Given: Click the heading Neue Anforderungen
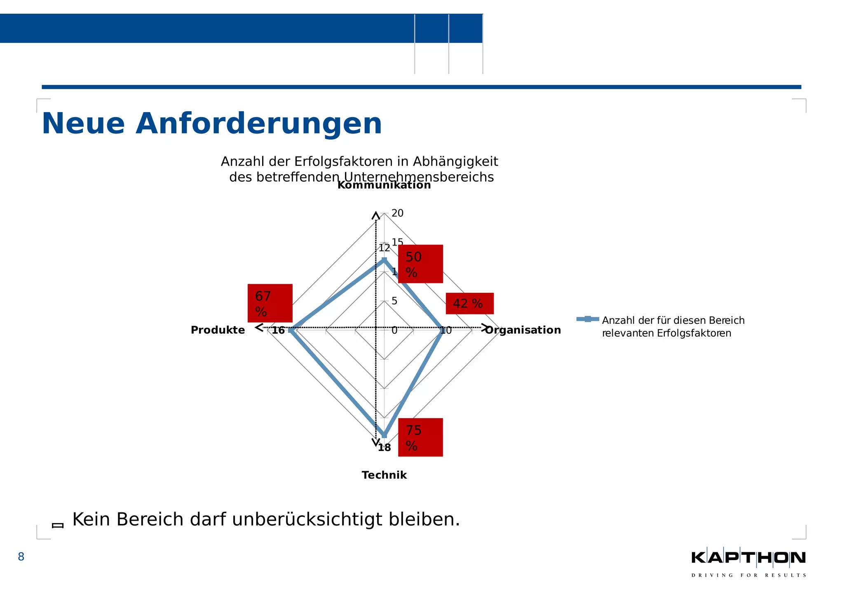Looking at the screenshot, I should tap(212, 124).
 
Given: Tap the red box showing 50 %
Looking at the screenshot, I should tap(420, 264).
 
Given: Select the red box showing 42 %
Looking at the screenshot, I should tap(469, 304).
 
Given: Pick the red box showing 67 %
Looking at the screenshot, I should tap(270, 303).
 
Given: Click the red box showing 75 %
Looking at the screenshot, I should tap(420, 437).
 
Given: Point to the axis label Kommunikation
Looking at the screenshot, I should tap(384, 185).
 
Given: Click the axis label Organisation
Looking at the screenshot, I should tap(523, 330).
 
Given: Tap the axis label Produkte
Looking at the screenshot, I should tap(218, 330).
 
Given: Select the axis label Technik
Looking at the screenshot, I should tap(384, 475).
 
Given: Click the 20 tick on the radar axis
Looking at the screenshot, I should tap(397, 213).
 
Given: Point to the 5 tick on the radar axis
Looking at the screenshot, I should tap(394, 301).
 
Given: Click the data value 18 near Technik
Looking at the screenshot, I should tap(384, 448).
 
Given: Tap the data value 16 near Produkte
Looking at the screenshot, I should tap(278, 330).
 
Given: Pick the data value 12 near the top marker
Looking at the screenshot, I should tap(384, 248).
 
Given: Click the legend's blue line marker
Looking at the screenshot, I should tap(588, 319).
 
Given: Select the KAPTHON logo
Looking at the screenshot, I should tap(748, 558).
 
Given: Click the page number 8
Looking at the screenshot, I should tap(21, 557).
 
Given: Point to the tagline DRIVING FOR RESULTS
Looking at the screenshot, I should tap(748, 575).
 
